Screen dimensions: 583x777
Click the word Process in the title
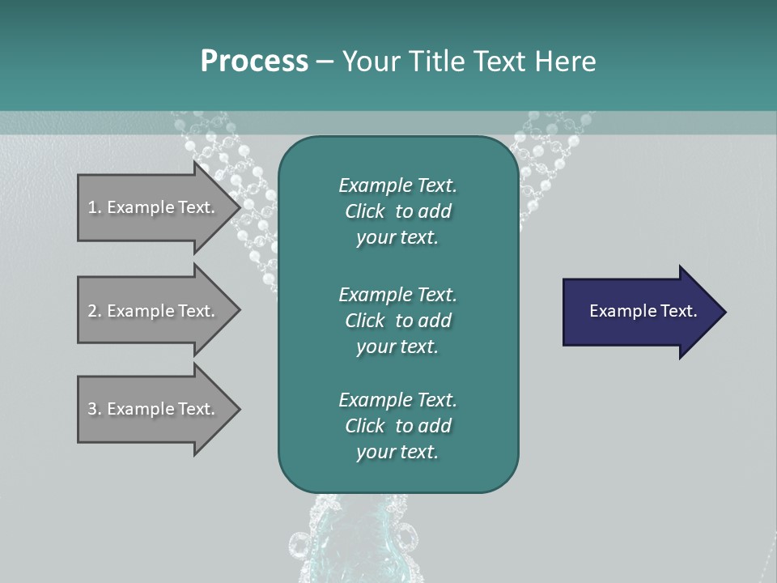click(x=254, y=62)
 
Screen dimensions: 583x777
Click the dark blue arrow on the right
click(x=639, y=312)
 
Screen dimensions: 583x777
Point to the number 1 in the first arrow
click(x=92, y=207)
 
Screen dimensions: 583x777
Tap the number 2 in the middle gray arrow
click(x=92, y=311)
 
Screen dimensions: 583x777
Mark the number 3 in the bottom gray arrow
click(x=92, y=409)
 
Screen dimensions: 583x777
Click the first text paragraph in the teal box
click(x=397, y=211)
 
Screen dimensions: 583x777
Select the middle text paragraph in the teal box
click(x=397, y=320)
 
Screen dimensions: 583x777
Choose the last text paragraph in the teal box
click(x=397, y=426)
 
